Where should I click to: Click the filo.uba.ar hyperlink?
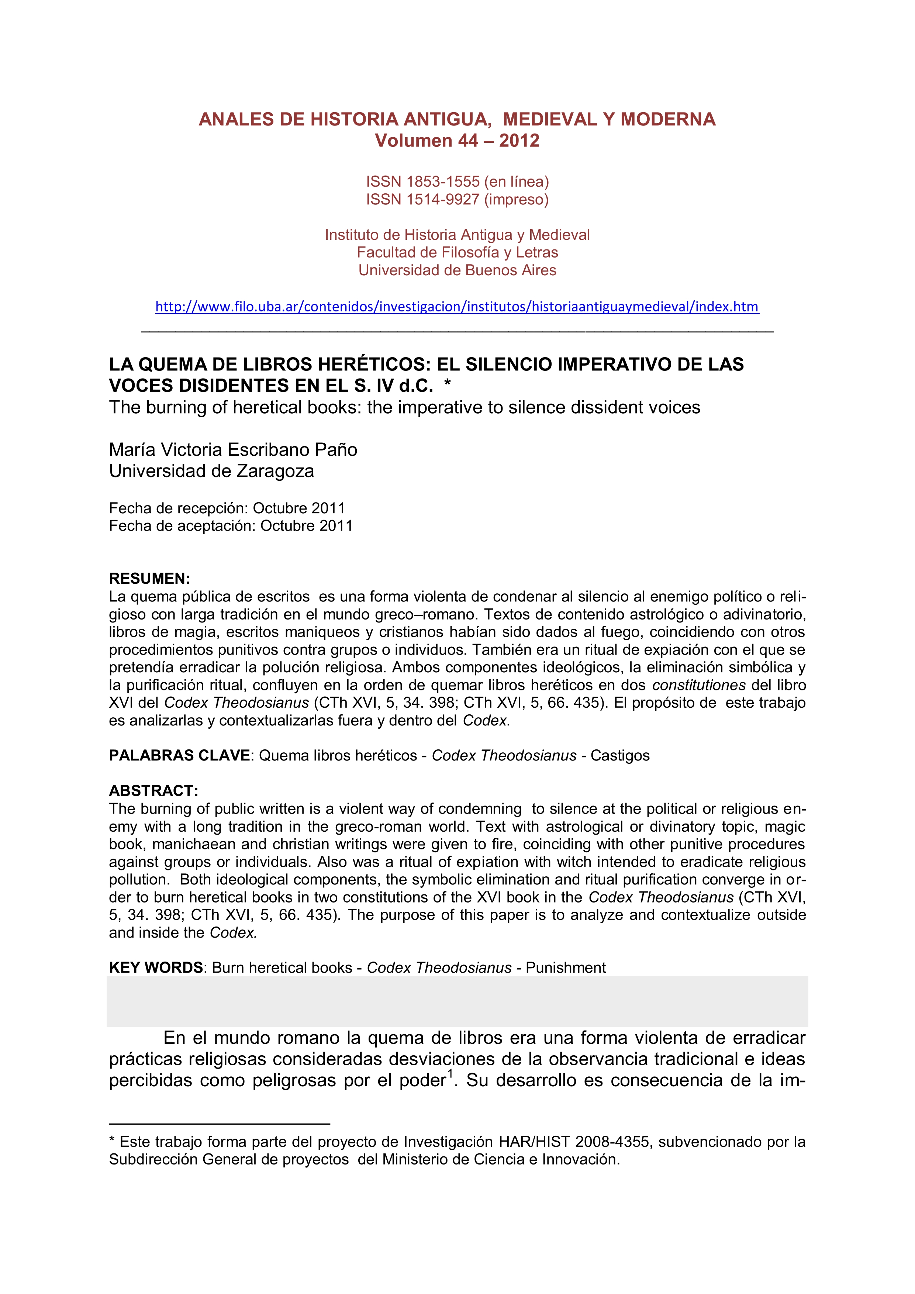click(x=457, y=307)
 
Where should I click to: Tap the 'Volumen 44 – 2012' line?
click(x=457, y=140)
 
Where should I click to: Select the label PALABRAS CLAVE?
click(x=179, y=755)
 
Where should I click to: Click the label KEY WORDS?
click(x=155, y=968)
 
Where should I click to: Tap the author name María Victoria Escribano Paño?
click(x=233, y=450)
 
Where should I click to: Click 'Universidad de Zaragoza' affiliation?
click(x=211, y=471)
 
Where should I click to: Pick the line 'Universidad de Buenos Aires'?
click(x=457, y=270)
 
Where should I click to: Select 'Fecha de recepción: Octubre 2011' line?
click(x=227, y=508)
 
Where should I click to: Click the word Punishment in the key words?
click(x=565, y=968)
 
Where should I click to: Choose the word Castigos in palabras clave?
click(x=620, y=755)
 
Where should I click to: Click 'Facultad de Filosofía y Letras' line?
click(x=457, y=252)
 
